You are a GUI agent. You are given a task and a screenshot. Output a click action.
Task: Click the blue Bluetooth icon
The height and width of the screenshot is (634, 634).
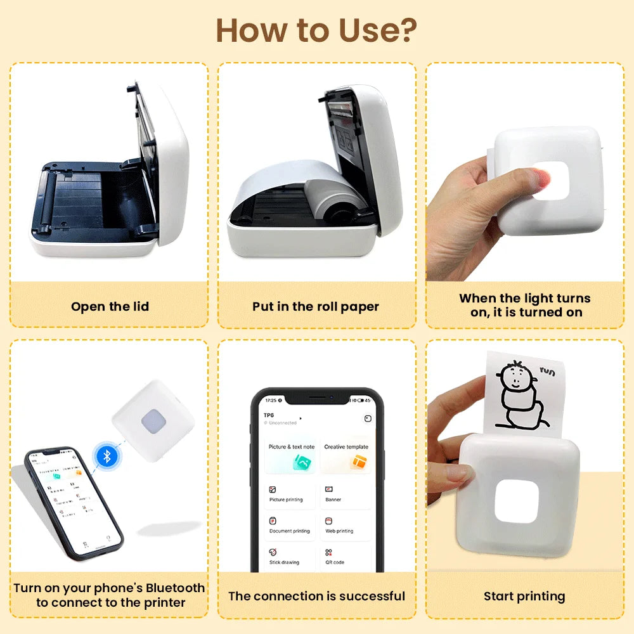pos(107,455)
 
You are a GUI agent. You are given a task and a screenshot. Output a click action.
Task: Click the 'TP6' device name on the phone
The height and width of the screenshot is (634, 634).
pos(269,415)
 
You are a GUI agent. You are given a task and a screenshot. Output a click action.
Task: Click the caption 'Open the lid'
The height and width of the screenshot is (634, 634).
pos(110,307)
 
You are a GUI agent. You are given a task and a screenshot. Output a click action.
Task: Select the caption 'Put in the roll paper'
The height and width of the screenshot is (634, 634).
pos(316,307)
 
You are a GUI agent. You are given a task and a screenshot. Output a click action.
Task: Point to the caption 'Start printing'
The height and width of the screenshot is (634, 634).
pos(524,596)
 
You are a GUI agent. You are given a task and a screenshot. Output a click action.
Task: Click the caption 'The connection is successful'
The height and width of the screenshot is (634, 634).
pos(316,596)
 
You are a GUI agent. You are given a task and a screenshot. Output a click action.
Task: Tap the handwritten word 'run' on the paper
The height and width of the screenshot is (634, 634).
pos(547,372)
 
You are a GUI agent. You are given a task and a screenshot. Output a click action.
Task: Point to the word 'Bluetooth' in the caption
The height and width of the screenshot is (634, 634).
pos(171,588)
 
